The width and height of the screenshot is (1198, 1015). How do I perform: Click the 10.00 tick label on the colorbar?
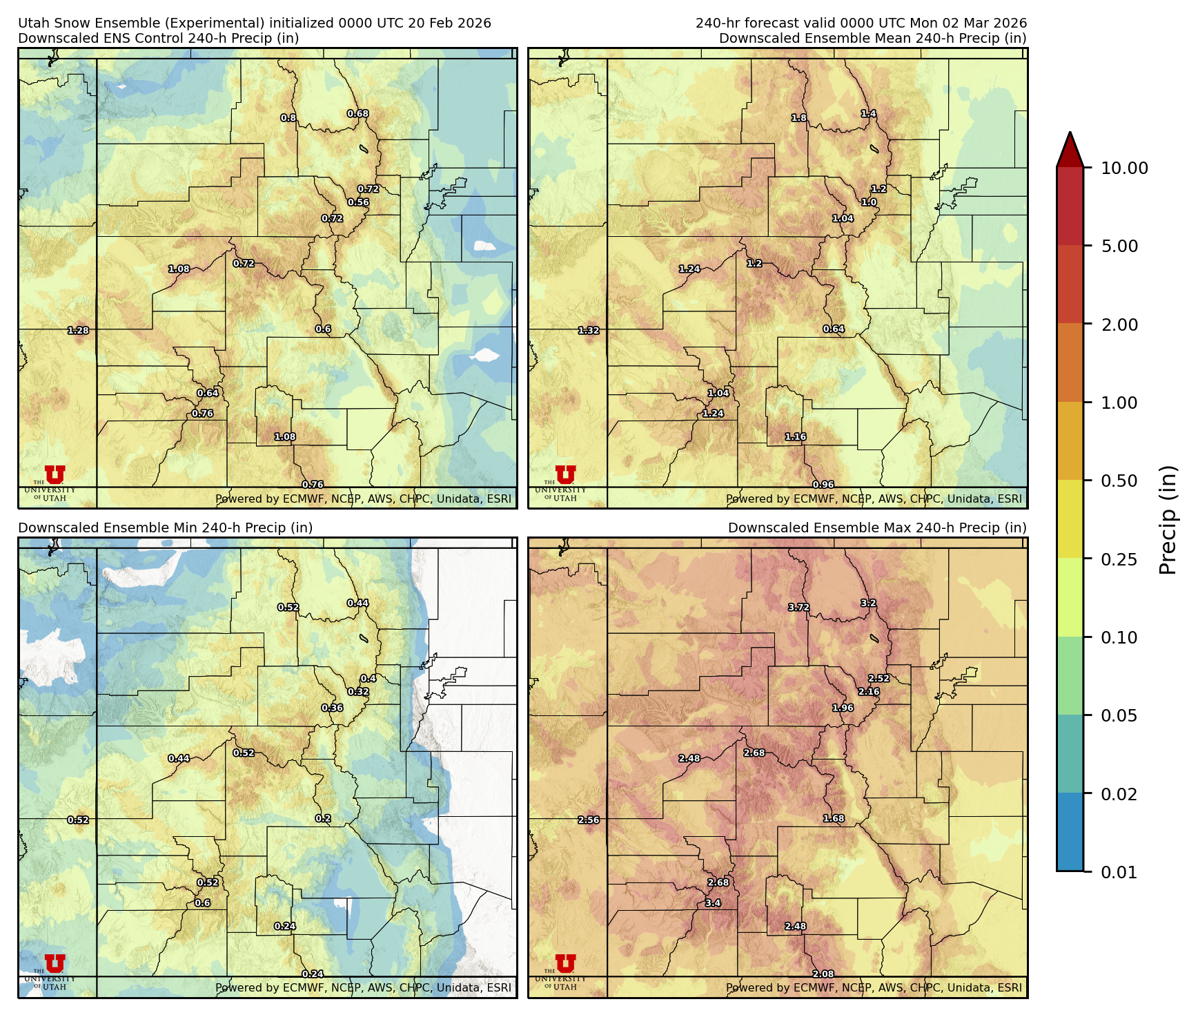coord(1124,168)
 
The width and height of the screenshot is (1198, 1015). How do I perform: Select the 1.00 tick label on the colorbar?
coord(1119,403)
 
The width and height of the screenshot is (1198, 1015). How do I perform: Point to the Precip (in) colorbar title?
coord(1168,520)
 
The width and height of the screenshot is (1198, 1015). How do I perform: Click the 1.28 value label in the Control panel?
coord(78,331)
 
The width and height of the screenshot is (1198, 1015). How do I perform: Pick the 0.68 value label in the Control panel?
coord(357,114)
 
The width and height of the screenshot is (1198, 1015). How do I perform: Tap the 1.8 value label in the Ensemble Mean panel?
coord(799,118)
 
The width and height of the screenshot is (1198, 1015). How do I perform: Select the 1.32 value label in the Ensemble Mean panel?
coord(589,331)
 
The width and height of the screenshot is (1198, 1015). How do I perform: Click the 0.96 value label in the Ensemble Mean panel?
coord(823,485)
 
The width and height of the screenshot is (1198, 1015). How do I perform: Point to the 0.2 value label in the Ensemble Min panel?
coord(323,818)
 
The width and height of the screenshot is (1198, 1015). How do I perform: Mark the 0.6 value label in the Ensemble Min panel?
coord(202,903)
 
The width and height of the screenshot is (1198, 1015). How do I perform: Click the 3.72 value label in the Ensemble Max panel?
coord(798,608)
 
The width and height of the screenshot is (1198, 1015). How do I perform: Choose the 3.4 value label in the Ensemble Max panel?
coord(713,903)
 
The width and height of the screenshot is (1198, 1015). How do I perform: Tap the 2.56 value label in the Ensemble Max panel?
coord(589,820)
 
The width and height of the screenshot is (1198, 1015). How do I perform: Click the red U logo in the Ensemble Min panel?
coord(55,963)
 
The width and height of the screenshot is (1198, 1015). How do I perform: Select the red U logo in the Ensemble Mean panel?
coord(566,474)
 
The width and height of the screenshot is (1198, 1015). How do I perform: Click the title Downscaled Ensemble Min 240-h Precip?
coord(166,528)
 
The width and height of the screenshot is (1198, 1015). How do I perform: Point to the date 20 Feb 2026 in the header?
coord(449,23)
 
